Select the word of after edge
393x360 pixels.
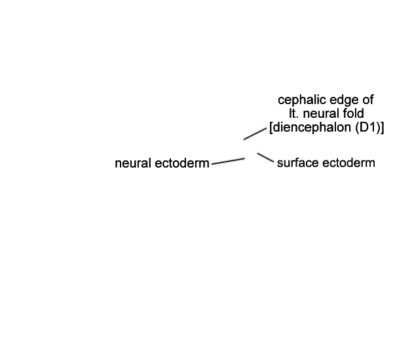pyautogui.click(x=368, y=100)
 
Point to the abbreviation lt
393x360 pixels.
pyautogui.click(x=292, y=113)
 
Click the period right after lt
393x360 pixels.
pyautogui.click(x=296, y=117)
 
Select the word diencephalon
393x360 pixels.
pyautogui.click(x=312, y=128)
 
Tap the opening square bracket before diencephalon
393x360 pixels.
pyautogui.click(x=271, y=128)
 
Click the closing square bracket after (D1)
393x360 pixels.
pyautogui.click(x=382, y=128)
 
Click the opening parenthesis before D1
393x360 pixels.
pyautogui.click(x=358, y=128)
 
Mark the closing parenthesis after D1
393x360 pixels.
pyautogui.click(x=378, y=128)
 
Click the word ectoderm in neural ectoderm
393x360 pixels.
pyautogui.click(x=182, y=164)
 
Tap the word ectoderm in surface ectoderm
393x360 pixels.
pyautogui.click(x=348, y=163)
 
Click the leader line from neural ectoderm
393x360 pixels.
pyautogui.click(x=228, y=161)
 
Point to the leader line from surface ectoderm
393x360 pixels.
pyautogui.click(x=265, y=158)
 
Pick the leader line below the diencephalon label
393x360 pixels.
pyautogui.click(x=255, y=134)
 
